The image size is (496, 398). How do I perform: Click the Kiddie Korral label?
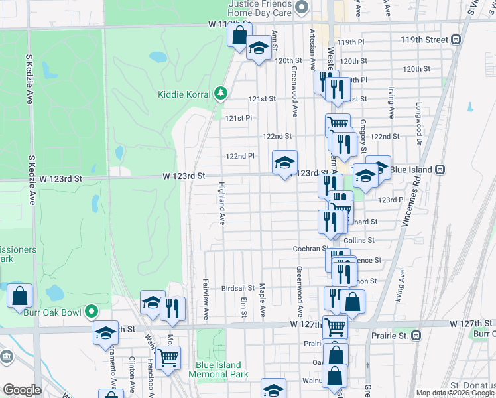pyautogui.click(x=184, y=94)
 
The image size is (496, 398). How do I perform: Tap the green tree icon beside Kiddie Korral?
pyautogui.click(x=222, y=94)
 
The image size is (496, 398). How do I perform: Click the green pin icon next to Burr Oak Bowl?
pyautogui.click(x=93, y=310)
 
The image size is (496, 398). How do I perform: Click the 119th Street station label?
pyautogui.click(x=424, y=40)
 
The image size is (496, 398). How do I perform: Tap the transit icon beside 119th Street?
pyautogui.click(x=456, y=40)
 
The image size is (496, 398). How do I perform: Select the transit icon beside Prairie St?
pyautogui.click(x=415, y=335)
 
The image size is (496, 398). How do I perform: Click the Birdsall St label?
pyautogui.click(x=238, y=288)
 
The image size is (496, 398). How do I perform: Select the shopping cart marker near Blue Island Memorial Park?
pyautogui.click(x=168, y=357)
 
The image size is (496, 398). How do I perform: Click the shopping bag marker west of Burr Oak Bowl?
pyautogui.click(x=19, y=296)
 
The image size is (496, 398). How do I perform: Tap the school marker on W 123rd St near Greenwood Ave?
pyautogui.click(x=284, y=163)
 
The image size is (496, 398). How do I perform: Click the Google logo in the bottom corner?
pyautogui.click(x=21, y=390)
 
